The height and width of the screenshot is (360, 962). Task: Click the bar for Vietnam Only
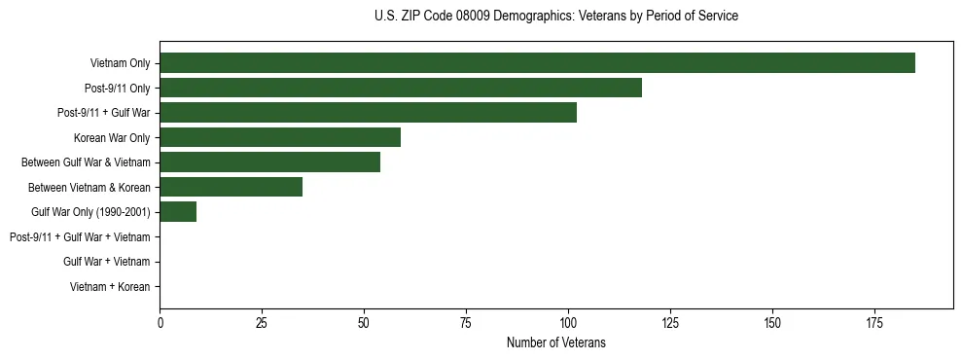pyautogui.click(x=537, y=63)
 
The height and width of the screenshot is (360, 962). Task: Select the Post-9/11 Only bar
pyautogui.click(x=400, y=88)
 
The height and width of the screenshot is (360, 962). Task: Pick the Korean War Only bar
pyautogui.click(x=280, y=137)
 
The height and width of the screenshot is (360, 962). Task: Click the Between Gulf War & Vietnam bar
pyautogui.click(x=269, y=162)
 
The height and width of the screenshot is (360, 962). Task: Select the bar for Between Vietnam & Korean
pyautogui.click(x=231, y=187)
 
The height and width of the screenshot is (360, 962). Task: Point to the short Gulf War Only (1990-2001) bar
pyautogui.click(x=178, y=212)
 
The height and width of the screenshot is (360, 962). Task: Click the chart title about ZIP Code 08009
pyautogui.click(x=555, y=17)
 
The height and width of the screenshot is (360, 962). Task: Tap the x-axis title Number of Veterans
pyautogui.click(x=555, y=342)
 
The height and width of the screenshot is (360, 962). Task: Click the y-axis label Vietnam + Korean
pyautogui.click(x=110, y=287)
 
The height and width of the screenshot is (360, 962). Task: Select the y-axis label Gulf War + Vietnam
pyautogui.click(x=106, y=262)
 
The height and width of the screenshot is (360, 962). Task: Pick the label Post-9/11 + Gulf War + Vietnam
pyautogui.click(x=80, y=236)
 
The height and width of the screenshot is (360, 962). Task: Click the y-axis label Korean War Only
pyautogui.click(x=112, y=137)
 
